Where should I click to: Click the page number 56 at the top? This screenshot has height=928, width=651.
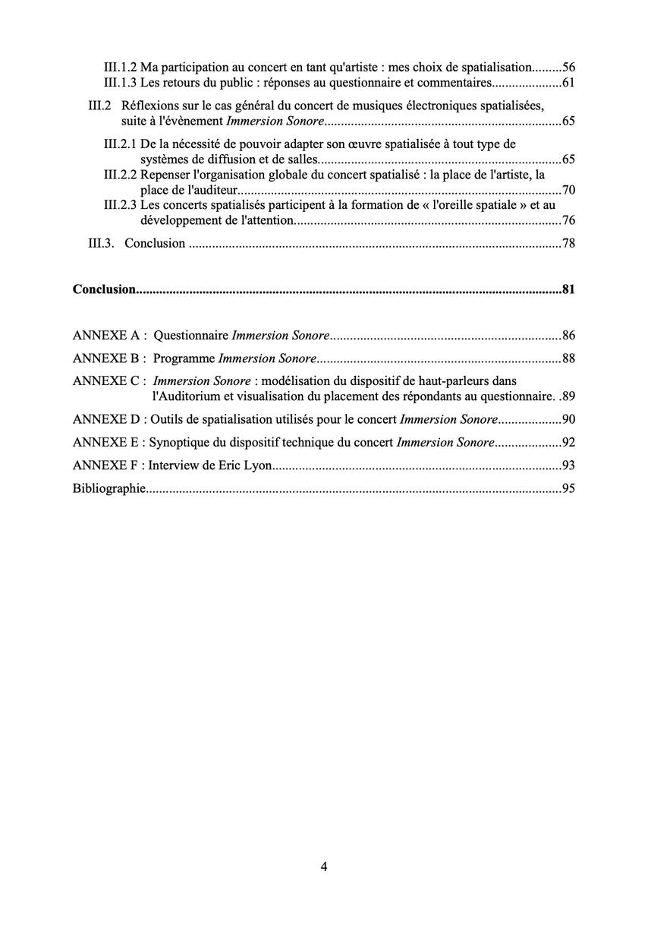coord(568,67)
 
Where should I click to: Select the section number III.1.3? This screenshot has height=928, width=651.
coord(121,82)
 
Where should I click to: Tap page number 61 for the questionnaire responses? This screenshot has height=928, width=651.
coord(568,82)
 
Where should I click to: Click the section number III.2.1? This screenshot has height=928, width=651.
coord(121,144)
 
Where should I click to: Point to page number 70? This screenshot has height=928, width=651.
coord(568,190)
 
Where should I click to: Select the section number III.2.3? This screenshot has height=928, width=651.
coord(121,205)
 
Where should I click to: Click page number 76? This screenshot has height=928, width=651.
coord(568,221)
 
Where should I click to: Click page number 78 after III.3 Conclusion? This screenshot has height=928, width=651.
coord(568,244)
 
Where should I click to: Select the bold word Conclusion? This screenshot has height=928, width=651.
coord(104,289)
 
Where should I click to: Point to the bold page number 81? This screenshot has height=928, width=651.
coord(568,289)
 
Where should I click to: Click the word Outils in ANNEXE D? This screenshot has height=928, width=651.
coord(167,420)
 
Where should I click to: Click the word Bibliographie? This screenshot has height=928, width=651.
coord(108,489)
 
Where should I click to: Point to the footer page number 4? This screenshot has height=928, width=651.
coord(324,866)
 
